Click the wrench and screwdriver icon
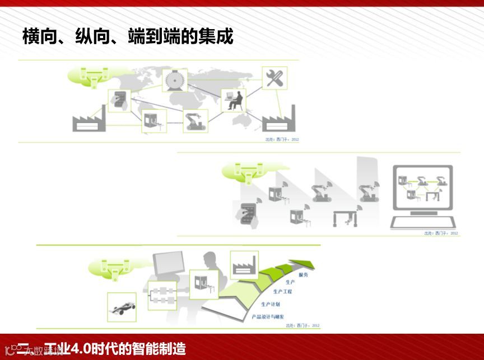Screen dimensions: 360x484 [274, 78]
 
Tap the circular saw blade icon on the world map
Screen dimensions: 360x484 [174, 81]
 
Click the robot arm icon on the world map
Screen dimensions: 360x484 [196, 120]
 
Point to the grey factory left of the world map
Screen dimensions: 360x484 [89, 119]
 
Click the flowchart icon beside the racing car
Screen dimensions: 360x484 [161, 294]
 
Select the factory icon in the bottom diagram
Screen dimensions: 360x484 [244, 263]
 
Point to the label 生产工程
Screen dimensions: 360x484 [282, 291]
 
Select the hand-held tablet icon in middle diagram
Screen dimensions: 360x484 [246, 215]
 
